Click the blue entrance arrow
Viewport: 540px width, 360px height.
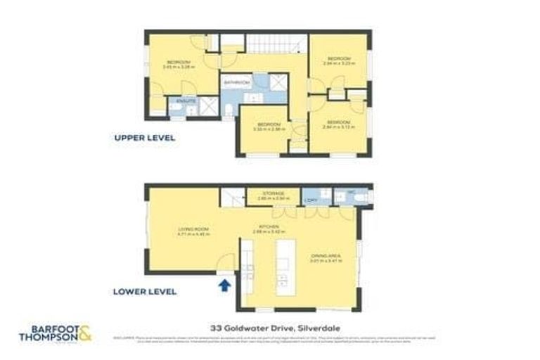pyautogui.click(x=225, y=285)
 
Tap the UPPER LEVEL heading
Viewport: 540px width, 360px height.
pyautogui.click(x=144, y=138)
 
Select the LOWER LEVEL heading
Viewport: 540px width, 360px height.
pyautogui.click(x=145, y=291)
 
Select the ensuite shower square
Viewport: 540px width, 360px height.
pyautogui.click(x=209, y=106)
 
